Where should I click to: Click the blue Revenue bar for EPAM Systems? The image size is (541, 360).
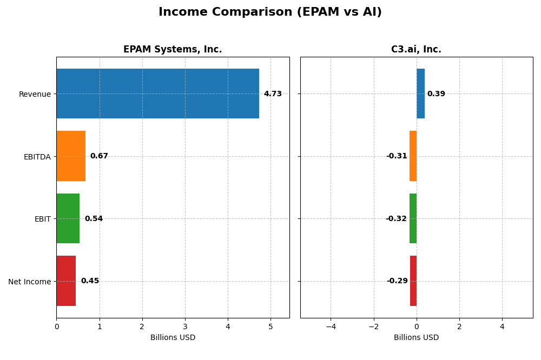pos(157,94)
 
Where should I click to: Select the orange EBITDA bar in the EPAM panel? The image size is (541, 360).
pos(71,156)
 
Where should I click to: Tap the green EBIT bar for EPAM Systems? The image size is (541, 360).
pos(68,218)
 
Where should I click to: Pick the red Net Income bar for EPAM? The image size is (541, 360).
pos(66,281)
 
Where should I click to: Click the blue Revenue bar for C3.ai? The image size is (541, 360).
pos(420,94)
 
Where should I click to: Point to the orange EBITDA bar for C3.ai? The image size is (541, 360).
pos(413,156)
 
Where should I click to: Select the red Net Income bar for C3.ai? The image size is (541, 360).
pos(413,281)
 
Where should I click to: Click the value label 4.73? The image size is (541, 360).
pos(273,94)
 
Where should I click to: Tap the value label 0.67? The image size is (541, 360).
pos(99,156)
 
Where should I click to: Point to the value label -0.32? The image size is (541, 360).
pos(396,219)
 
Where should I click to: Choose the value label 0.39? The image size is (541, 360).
pos(436,94)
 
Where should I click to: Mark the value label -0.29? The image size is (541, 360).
pos(397,281)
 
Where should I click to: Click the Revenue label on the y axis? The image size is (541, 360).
pos(35,95)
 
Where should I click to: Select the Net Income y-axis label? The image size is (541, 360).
pos(29,282)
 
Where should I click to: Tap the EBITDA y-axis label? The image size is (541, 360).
pos(37,157)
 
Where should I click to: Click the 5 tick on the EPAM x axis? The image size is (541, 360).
pos(270,327)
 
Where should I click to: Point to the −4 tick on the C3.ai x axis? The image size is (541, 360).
pos(331,327)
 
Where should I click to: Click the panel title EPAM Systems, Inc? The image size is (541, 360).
pos(173,50)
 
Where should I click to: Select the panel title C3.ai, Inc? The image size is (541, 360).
pos(416,50)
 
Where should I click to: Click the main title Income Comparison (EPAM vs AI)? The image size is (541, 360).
pos(270,12)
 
